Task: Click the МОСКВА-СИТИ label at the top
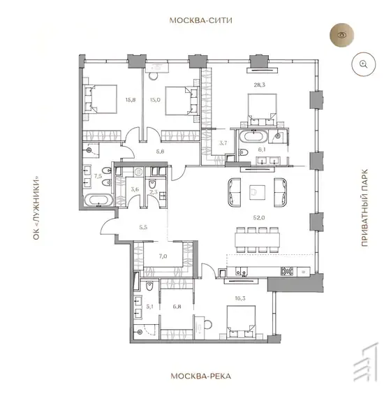tap(200, 20)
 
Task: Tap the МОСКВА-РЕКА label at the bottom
tap(200, 376)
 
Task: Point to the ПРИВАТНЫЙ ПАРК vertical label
tap(364, 207)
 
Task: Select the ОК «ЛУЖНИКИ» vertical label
tap(36, 207)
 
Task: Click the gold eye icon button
tap(341, 35)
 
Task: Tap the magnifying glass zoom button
tap(363, 64)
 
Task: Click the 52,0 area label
tap(259, 217)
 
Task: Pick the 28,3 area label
tap(260, 85)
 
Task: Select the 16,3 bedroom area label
tap(240, 298)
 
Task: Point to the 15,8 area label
tap(131, 100)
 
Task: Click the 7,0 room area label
tap(163, 256)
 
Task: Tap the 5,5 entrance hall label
tap(143, 228)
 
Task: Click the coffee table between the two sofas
tap(257, 193)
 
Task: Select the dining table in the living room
tap(258, 240)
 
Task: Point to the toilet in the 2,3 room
tap(152, 184)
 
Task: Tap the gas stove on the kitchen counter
tap(288, 271)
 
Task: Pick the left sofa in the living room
tap(235, 193)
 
